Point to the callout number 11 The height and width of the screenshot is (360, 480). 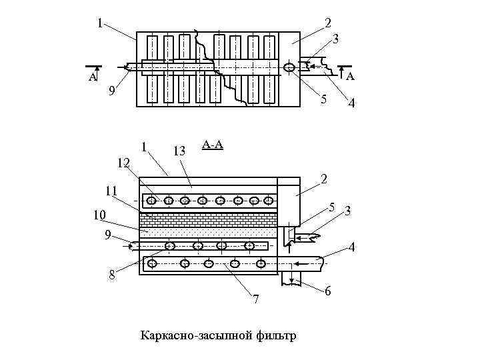coord(111,191)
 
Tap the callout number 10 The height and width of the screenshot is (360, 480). coord(99,215)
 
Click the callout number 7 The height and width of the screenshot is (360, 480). coord(256,298)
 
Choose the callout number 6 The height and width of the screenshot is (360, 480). coord(327,291)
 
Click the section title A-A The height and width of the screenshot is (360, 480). coord(212,144)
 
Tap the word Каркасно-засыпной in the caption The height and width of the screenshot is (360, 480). coord(197,335)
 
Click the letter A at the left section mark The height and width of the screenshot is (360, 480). coord(93,77)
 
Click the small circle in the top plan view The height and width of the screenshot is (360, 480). coord(289,67)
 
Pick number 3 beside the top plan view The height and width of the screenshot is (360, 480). coord(336,39)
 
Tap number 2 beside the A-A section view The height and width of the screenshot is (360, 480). coord(323,179)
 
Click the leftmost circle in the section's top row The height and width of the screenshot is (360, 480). coord(153,200)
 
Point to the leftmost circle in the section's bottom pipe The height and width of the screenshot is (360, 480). coord(153,264)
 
